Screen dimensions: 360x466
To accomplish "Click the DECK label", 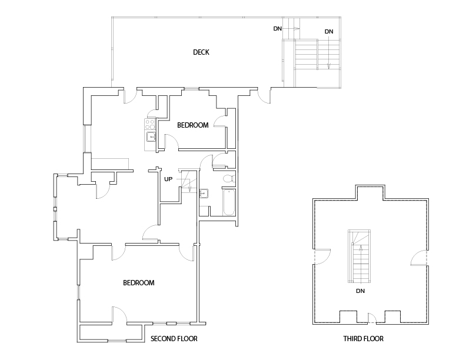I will [x=201, y=52].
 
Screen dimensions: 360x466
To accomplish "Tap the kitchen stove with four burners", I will [x=149, y=124].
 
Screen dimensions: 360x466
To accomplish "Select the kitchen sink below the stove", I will [x=150, y=137].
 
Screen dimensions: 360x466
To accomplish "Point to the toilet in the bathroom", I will [x=228, y=178].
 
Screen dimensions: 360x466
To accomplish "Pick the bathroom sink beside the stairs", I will [x=204, y=192].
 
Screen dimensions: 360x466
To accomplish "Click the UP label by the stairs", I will [x=168, y=179].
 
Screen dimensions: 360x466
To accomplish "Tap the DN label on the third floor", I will [x=361, y=291].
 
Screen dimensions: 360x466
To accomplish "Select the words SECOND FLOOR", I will [x=174, y=339].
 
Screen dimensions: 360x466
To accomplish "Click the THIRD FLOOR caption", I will [x=364, y=339].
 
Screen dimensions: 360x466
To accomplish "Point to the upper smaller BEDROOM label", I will [x=193, y=125].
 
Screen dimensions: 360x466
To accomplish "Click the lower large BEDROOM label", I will [x=139, y=283].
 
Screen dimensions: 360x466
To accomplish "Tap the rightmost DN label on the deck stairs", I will [x=328, y=31].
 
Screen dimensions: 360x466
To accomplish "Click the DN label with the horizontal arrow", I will [x=277, y=28].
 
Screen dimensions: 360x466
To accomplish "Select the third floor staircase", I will [x=360, y=256].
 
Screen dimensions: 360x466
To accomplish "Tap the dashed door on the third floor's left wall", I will [x=322, y=257].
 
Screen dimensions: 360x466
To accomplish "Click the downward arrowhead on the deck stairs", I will [x=328, y=66].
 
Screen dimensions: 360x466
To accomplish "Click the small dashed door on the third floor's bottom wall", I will [x=372, y=320].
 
